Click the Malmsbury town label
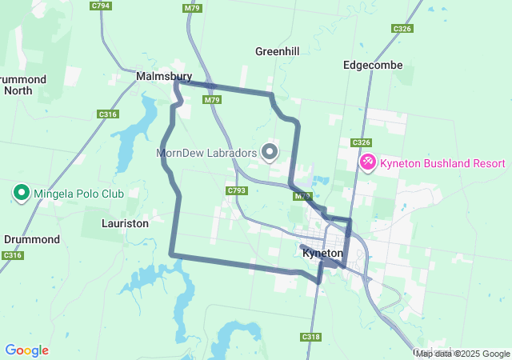click(163, 76)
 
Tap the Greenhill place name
click(277, 51)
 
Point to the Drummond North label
click(24, 85)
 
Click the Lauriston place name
click(126, 224)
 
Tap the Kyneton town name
click(323, 253)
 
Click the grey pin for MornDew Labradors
click(270, 151)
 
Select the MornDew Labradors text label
click(206, 152)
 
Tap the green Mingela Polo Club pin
click(21, 193)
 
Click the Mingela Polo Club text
click(78, 194)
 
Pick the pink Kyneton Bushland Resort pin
click(368, 163)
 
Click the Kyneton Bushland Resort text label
click(442, 164)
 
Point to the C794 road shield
click(101, 6)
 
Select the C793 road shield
click(236, 191)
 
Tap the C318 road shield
click(311, 338)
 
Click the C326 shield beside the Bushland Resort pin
click(361, 142)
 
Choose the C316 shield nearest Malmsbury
click(108, 114)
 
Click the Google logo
click(26, 350)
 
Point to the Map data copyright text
click(462, 354)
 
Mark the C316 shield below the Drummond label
click(11, 255)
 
